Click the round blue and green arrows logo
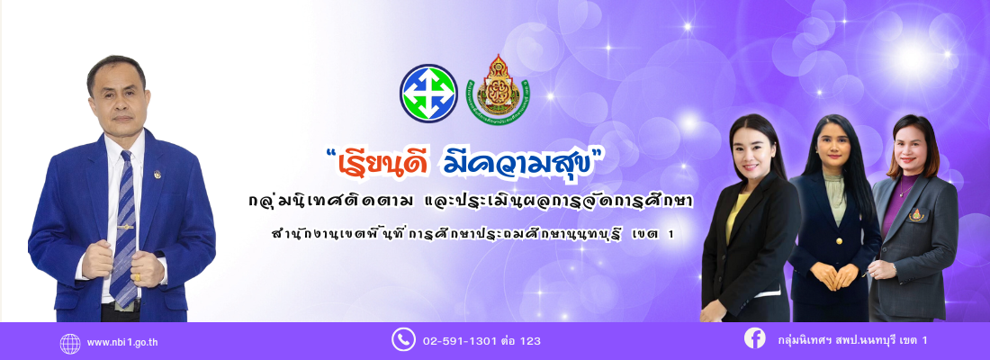(x=428, y=93)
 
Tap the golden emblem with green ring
(x=499, y=90)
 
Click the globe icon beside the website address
(x=70, y=343)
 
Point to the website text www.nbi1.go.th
(x=122, y=343)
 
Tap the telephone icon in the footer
(x=403, y=339)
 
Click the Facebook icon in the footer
(x=754, y=338)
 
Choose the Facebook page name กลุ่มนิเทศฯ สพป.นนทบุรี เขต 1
(x=852, y=340)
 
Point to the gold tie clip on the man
(x=126, y=227)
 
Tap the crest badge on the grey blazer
(x=916, y=215)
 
